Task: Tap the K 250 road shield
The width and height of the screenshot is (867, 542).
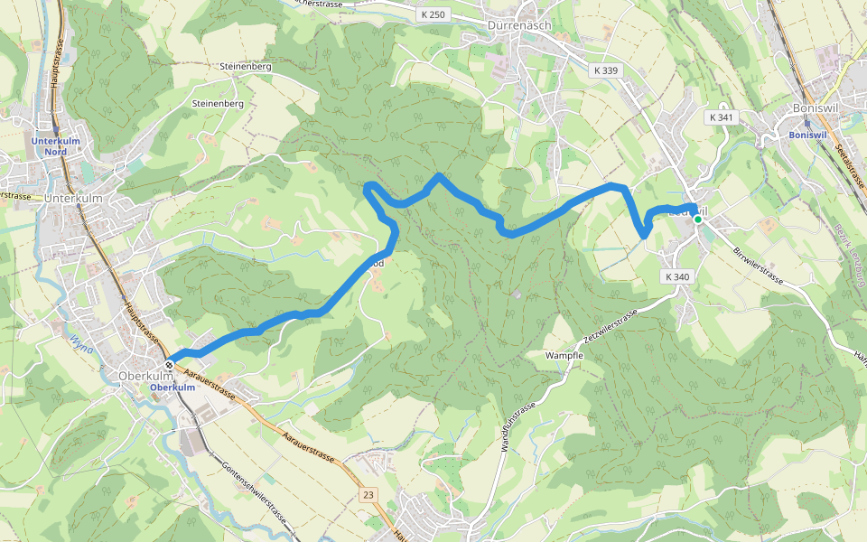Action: (x=433, y=14)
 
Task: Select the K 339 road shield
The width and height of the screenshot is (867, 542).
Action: (x=607, y=70)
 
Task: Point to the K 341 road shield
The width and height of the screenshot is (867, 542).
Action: (x=721, y=117)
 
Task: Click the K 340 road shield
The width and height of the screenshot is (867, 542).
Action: (x=675, y=276)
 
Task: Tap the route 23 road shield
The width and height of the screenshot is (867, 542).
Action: (x=368, y=495)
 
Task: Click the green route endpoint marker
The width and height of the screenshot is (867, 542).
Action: (x=698, y=219)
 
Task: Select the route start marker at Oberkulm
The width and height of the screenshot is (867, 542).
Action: (x=169, y=365)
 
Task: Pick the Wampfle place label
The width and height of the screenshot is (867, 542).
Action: (x=565, y=356)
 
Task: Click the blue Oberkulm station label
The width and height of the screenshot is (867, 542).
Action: (x=172, y=388)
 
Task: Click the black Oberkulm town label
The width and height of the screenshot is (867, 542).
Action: (x=145, y=375)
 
